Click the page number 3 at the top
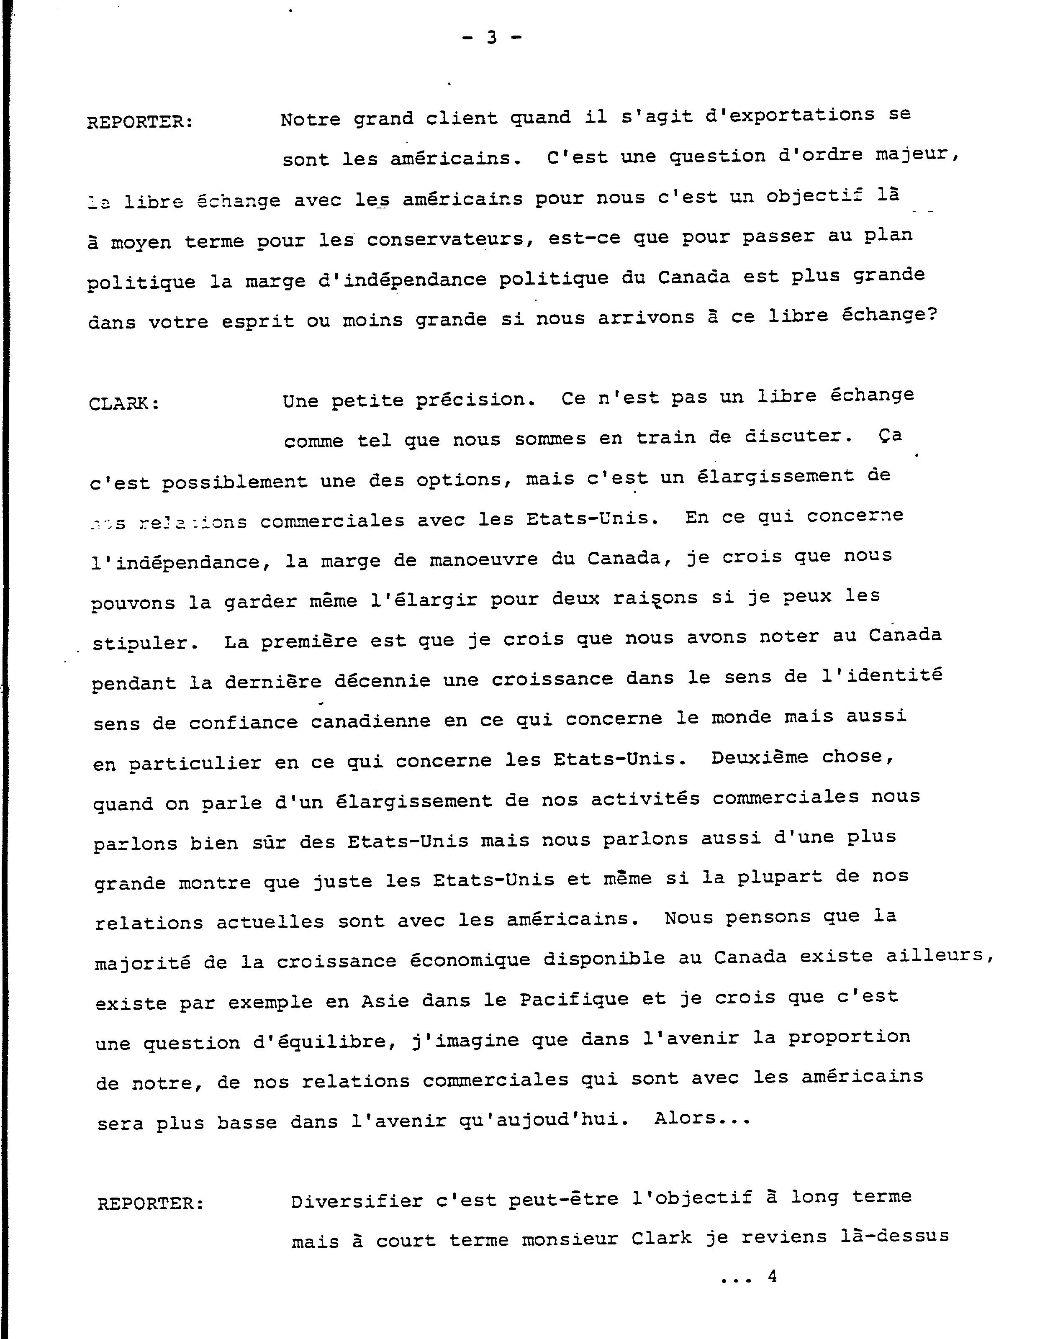pyautogui.click(x=491, y=38)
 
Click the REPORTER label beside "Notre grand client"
pyautogui.click(x=140, y=122)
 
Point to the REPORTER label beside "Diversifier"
pyautogui.click(x=150, y=1204)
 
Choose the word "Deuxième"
pyautogui.click(x=759, y=758)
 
